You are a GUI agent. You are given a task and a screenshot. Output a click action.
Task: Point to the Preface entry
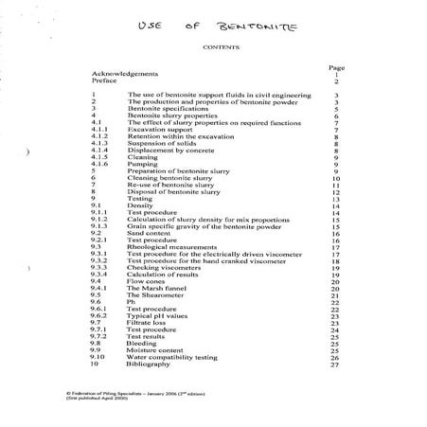[x=105, y=81]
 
